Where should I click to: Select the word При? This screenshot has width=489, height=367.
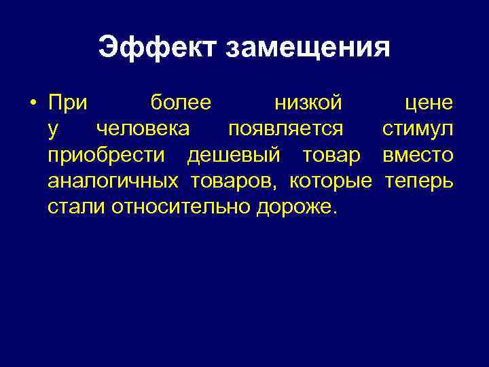pyautogui.click(x=68, y=103)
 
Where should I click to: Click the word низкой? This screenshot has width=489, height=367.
pyautogui.click(x=308, y=104)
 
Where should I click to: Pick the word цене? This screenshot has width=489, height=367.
pyautogui.click(x=429, y=104)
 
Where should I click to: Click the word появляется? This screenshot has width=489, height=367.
pyautogui.click(x=285, y=130)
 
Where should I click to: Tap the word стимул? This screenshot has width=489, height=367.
pyautogui.click(x=418, y=130)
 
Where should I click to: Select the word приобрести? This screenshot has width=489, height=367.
pyautogui.click(x=106, y=156)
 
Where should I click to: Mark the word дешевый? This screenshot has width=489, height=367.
pyautogui.click(x=234, y=156)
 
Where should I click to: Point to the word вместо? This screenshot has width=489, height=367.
pyautogui.click(x=418, y=156)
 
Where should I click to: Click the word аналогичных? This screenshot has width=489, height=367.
pyautogui.click(x=113, y=181)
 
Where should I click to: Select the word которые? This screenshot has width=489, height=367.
pyautogui.click(x=331, y=181)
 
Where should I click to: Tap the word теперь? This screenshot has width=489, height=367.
pyautogui.click(x=419, y=181)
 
